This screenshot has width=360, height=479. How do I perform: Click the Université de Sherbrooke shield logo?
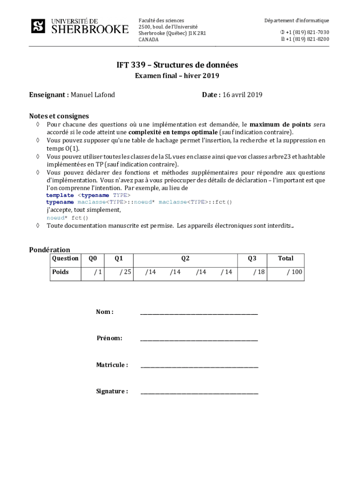(38, 26)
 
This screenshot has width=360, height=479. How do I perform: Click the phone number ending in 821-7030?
(307, 32)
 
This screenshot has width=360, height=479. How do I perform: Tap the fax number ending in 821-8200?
(307, 39)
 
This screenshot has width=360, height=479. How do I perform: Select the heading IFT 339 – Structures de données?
(177, 65)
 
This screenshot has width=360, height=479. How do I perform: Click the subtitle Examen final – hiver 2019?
(177, 76)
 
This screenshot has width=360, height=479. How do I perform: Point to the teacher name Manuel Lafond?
(93, 95)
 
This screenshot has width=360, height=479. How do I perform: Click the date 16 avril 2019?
(242, 95)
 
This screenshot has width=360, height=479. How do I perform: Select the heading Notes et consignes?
(59, 116)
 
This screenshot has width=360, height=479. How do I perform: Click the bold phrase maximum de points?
(281, 124)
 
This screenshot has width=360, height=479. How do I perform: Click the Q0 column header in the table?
(93, 258)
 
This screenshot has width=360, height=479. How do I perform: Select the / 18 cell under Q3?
(259, 272)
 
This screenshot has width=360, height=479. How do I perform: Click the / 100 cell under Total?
(294, 272)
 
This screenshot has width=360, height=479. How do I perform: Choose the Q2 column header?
(185, 258)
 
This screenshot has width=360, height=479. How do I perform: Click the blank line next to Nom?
(199, 312)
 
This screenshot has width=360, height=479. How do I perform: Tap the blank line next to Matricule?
(199, 365)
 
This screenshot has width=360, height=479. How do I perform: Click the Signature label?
(112, 392)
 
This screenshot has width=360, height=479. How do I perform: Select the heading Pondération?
(50, 250)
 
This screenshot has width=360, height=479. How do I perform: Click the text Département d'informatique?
(296, 21)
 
